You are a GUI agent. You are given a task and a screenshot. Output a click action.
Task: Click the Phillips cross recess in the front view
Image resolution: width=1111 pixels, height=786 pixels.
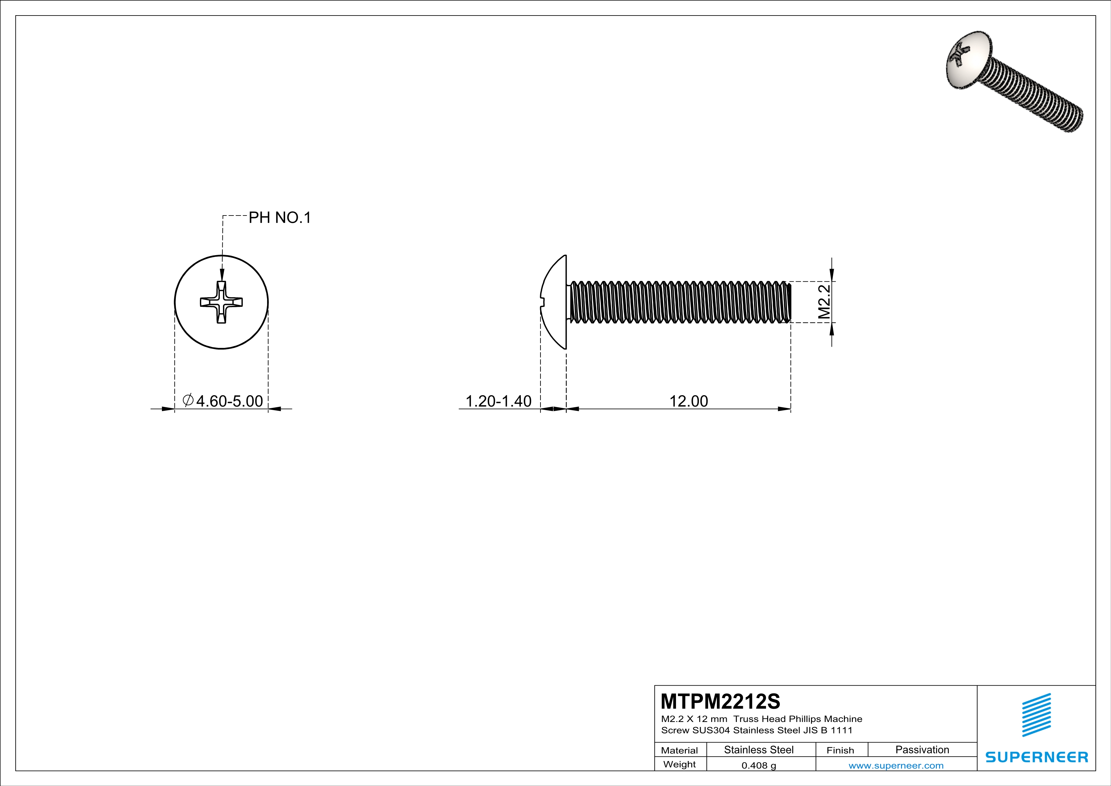[221, 302]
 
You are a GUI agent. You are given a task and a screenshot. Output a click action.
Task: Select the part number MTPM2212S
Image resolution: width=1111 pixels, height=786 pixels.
[720, 701]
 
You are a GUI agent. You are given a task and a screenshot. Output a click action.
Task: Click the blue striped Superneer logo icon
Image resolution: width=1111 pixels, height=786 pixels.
[1036, 715]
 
